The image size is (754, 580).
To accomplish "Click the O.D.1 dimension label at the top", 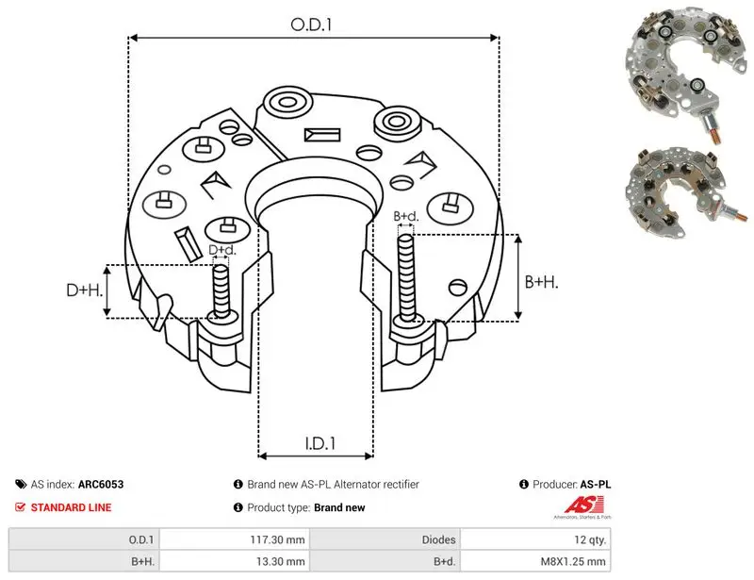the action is (311, 25).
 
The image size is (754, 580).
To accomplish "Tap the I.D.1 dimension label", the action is (320, 443).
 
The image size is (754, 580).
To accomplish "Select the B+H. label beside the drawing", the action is (541, 282).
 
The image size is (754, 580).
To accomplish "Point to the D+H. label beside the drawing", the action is (84, 290).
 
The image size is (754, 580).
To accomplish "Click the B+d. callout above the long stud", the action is (406, 216).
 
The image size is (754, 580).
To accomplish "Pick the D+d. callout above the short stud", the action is (222, 250).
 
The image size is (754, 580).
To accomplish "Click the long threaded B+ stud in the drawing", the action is (407, 278).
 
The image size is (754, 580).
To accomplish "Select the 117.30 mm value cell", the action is (277, 539).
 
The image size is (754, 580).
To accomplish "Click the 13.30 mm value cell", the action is (280, 561).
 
